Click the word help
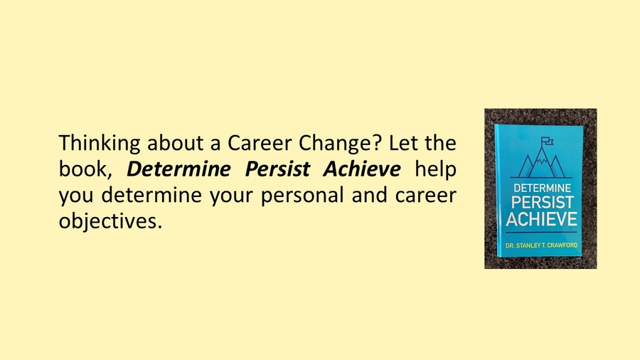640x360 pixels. [434, 170]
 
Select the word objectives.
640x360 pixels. [110, 221]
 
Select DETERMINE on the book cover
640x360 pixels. [541, 190]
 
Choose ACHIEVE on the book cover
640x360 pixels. [541, 220]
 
